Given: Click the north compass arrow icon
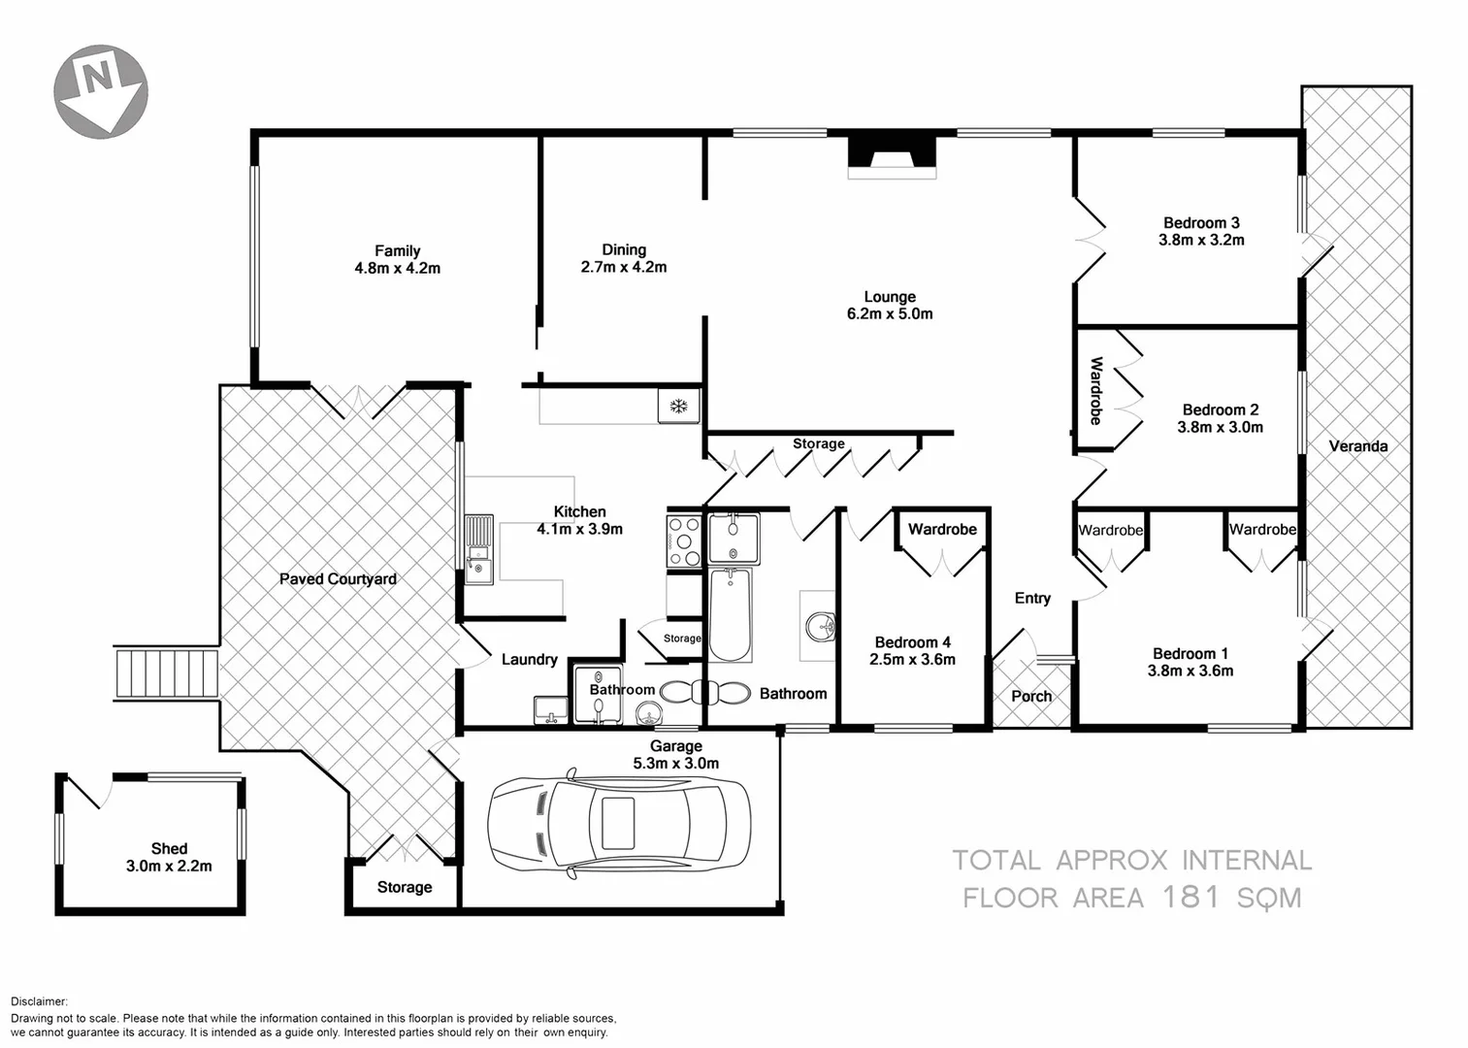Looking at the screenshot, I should pyautogui.click(x=101, y=89).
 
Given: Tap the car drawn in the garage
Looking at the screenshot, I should pyautogui.click(x=618, y=824).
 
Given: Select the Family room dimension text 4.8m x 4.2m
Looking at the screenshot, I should pyautogui.click(x=397, y=268).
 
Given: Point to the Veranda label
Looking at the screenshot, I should pyautogui.click(x=1357, y=446).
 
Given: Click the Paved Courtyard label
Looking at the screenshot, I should pyautogui.click(x=338, y=579).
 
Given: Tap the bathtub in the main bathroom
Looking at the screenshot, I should pyautogui.click(x=728, y=614).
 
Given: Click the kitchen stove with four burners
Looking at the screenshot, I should pyautogui.click(x=684, y=540).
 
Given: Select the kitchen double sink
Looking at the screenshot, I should pyautogui.click(x=478, y=550).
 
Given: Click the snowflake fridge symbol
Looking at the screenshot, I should pyautogui.click(x=679, y=406).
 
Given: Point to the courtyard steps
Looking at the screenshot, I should pyautogui.click(x=167, y=673).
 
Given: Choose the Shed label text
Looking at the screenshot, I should pyautogui.click(x=169, y=848).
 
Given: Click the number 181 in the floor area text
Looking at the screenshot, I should pyautogui.click(x=1191, y=897).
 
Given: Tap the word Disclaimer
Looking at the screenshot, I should pyautogui.click(x=39, y=1001).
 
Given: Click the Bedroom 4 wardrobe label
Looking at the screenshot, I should pyautogui.click(x=942, y=529).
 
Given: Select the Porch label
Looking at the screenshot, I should pyautogui.click(x=1031, y=696).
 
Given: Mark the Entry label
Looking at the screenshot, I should pyautogui.click(x=1032, y=598).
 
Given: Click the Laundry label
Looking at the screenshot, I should pyautogui.click(x=529, y=660).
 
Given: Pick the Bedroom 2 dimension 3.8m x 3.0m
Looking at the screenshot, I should pyautogui.click(x=1220, y=427).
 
